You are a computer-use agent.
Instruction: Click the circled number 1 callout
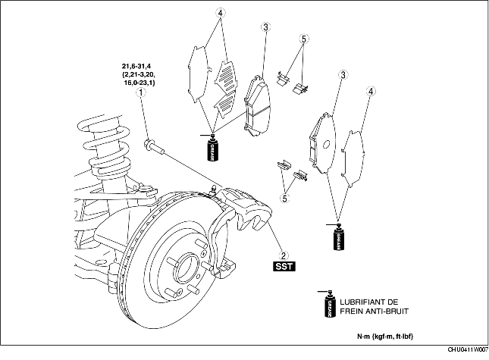pyautogui.click(x=140, y=92)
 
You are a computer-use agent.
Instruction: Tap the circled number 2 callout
pyautogui.click(x=283, y=255)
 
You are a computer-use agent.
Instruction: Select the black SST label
pyautogui.click(x=283, y=267)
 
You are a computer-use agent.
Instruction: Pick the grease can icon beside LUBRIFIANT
pyautogui.click(x=330, y=305)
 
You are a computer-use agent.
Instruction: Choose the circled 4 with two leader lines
pyautogui.click(x=221, y=13)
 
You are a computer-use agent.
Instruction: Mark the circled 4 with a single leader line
pyautogui.click(x=371, y=92)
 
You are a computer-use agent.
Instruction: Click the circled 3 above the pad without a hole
pyautogui.click(x=265, y=28)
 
